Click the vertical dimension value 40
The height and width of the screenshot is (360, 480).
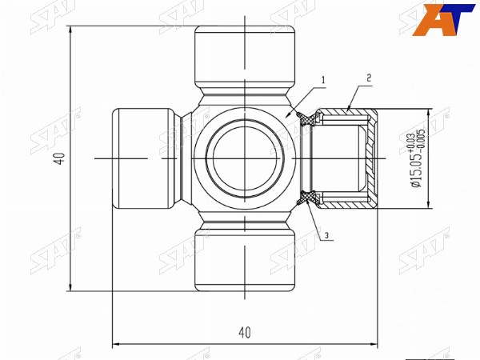tap(62, 158)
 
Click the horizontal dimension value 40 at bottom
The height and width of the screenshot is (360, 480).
tap(245, 333)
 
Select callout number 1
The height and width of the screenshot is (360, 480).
tap(323, 80)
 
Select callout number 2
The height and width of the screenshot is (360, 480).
tap(369, 78)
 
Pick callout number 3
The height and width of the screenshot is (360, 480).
tap(326, 235)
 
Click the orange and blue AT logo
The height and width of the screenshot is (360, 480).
tap(443, 20)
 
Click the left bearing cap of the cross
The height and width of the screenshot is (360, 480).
tap(143, 158)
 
